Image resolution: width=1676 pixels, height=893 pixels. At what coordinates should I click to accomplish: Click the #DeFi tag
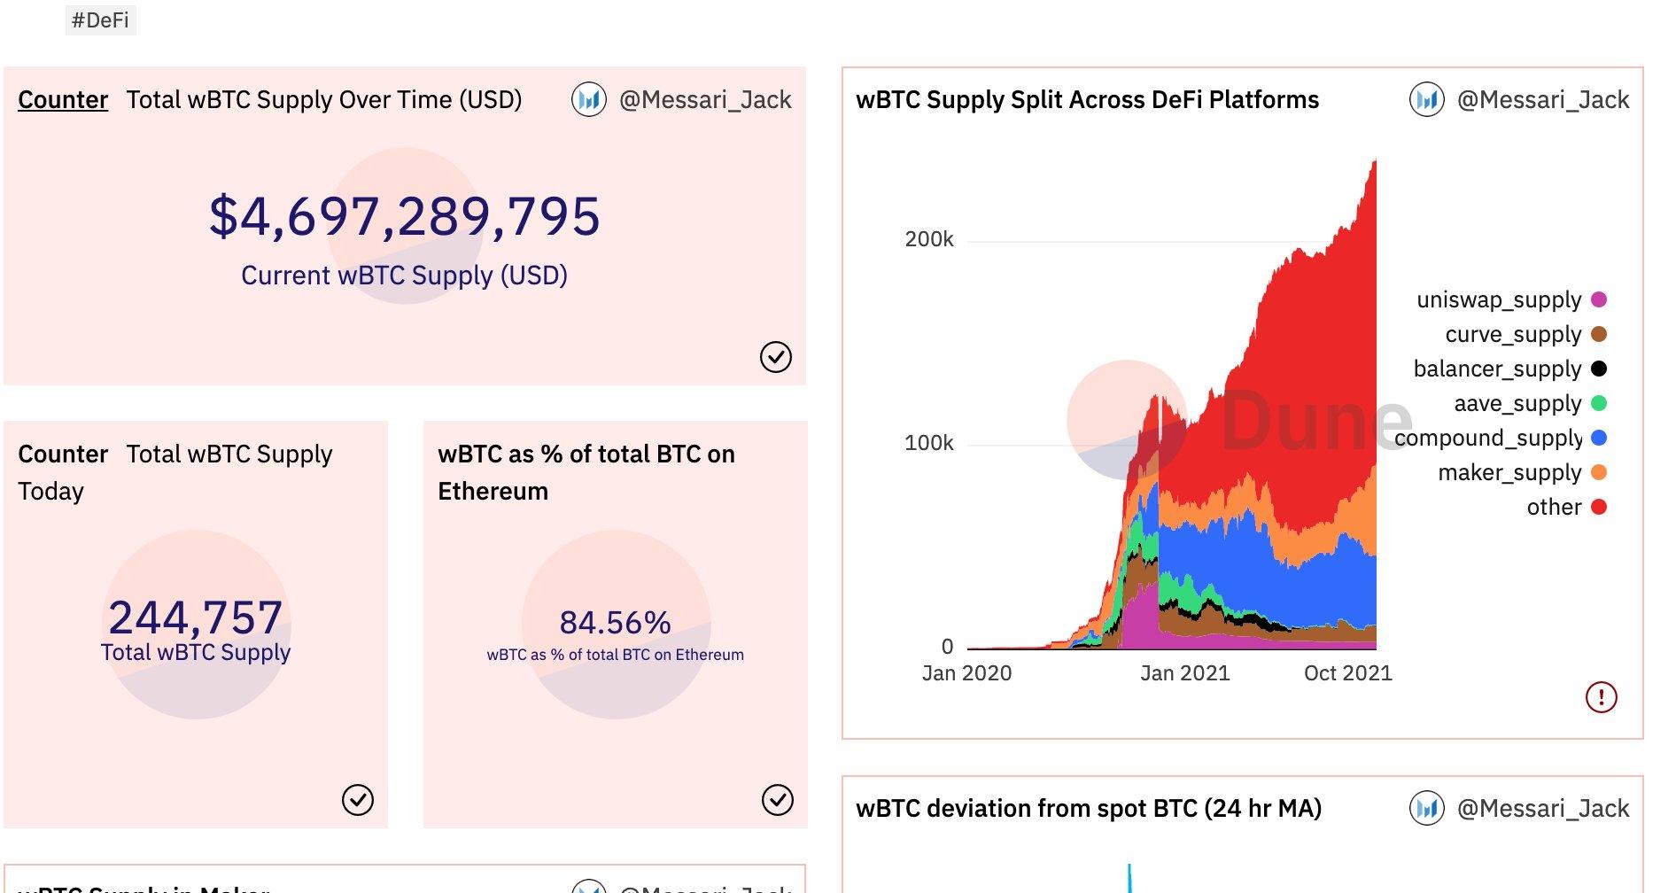100,20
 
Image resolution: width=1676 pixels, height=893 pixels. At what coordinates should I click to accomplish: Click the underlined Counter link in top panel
63,99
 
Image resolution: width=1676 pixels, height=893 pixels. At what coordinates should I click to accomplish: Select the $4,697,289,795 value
405,216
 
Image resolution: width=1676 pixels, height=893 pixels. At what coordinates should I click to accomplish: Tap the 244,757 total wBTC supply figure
196,617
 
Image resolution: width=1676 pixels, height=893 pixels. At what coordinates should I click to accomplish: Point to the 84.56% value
615,623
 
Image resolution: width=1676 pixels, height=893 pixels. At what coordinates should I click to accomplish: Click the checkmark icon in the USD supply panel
775,357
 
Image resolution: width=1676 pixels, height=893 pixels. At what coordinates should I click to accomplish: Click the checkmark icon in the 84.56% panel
777,800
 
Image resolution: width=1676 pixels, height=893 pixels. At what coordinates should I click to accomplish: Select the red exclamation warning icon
1601,697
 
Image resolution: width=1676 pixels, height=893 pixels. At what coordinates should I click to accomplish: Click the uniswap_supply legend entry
1499,299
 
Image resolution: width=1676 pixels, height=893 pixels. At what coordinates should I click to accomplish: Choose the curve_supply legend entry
1513,334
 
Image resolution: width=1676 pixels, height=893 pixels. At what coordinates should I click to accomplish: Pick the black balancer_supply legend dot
1599,369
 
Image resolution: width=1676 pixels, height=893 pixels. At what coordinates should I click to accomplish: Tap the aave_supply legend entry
1517,403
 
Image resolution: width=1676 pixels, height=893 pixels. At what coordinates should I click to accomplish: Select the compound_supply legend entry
1488,438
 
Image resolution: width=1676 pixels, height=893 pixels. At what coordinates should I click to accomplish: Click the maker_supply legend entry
1509,472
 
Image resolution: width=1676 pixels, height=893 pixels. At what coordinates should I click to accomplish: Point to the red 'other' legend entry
1554,507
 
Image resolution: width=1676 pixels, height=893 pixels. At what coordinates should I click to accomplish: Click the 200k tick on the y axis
928,239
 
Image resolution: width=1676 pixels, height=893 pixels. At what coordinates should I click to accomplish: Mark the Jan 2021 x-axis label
1184,673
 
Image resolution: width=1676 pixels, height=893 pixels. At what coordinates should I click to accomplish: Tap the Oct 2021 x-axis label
1347,673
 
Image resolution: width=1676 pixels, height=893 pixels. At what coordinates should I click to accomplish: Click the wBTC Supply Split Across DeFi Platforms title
1087,99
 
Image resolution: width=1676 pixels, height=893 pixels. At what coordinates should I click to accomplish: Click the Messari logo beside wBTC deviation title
1426,808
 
